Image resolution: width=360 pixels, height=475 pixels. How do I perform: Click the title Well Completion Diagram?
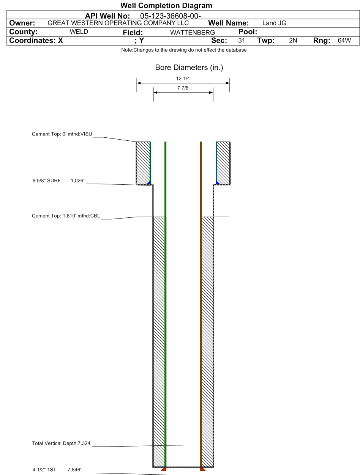click(x=166, y=5)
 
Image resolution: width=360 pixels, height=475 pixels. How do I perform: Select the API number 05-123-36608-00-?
click(x=171, y=16)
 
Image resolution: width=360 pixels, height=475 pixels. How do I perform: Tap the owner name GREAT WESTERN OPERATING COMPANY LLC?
click(x=118, y=23)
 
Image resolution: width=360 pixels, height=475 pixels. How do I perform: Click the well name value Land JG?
click(x=274, y=23)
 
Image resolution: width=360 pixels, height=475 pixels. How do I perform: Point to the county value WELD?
click(x=79, y=31)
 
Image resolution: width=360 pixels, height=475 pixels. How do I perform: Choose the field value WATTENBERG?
click(x=193, y=33)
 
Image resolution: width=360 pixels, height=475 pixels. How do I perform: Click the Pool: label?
click(x=248, y=32)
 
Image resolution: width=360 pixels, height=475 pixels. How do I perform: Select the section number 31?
click(x=242, y=41)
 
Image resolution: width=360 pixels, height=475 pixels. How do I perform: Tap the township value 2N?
click(x=293, y=41)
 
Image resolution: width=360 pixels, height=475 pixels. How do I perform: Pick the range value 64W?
click(x=344, y=41)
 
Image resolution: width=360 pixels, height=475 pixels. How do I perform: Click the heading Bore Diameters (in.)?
click(x=189, y=68)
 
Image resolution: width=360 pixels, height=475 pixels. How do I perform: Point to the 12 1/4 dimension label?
click(x=183, y=78)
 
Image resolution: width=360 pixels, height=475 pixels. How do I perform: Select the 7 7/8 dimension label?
click(x=183, y=88)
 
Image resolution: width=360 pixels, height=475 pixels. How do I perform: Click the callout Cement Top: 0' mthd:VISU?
click(x=62, y=134)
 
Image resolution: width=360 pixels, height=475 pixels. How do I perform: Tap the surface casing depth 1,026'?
click(x=77, y=181)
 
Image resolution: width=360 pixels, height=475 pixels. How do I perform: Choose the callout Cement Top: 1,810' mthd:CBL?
click(x=66, y=216)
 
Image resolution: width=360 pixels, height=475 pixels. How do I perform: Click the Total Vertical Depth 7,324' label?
click(x=62, y=443)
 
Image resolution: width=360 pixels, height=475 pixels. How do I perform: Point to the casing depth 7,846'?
click(x=74, y=469)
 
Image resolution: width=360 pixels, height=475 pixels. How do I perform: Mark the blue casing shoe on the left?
click(x=149, y=183)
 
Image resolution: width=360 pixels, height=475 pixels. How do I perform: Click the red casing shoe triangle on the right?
click(x=202, y=469)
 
